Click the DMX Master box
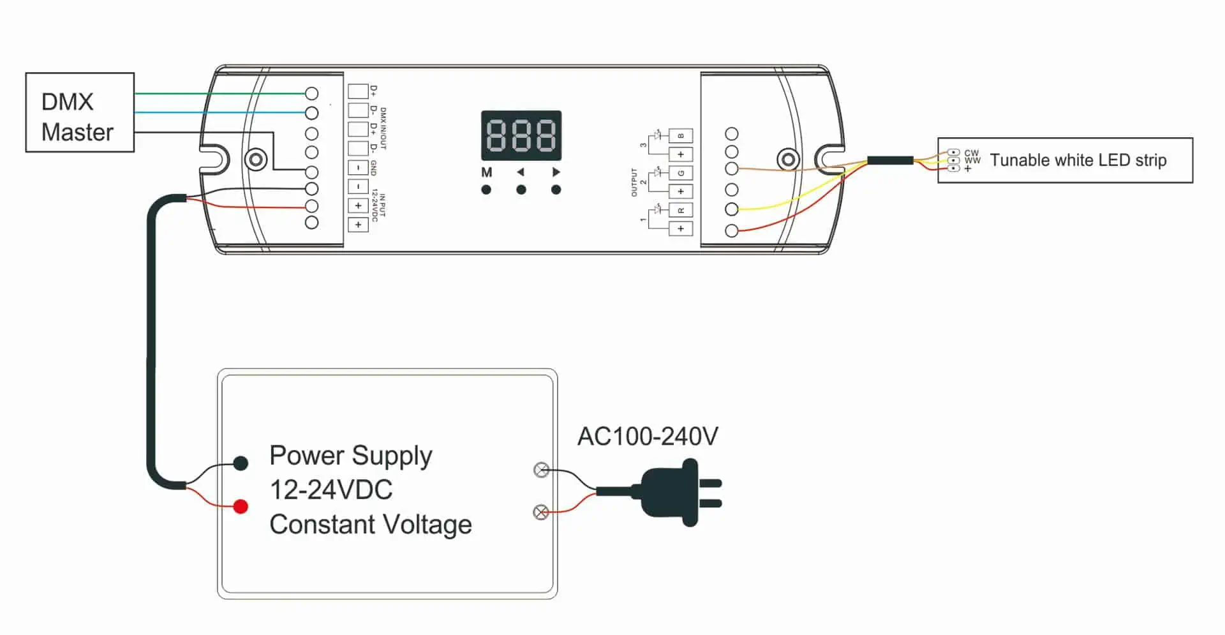pos(80,112)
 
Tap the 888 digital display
pos(521,135)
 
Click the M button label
pos(487,172)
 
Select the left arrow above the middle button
pos(521,172)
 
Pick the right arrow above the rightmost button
pos(556,172)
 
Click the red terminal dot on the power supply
pos(241,507)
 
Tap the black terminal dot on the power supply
pos(241,463)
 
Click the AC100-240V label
pos(648,437)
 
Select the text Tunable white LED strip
pos(1078,160)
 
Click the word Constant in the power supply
pos(322,525)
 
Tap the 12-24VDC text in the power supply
pos(331,490)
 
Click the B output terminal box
pos(681,136)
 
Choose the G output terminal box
pos(681,173)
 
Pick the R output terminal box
pos(681,210)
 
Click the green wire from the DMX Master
pos(217,94)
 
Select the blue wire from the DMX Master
pos(217,112)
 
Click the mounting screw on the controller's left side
pos(256,159)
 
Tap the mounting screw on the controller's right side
pos(788,159)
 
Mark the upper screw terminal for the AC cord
pos(541,470)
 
